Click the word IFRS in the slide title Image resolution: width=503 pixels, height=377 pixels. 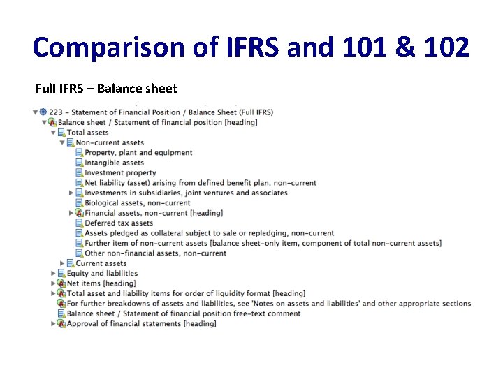tap(251, 48)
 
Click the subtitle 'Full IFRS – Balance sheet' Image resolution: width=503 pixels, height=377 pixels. tap(105, 89)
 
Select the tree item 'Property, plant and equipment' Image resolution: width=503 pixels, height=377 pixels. tap(138, 153)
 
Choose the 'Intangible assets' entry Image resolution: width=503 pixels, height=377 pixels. tap(114, 163)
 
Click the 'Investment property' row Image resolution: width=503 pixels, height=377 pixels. tap(120, 173)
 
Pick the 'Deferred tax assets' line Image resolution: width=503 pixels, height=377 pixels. tap(119, 223)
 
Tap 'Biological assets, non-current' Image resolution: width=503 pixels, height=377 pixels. tap(137, 203)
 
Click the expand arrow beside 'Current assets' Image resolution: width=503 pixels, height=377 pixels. tap(62, 263)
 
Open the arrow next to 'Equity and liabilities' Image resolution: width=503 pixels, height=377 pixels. tap(53, 274)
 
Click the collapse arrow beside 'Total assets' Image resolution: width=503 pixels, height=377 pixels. tap(53, 133)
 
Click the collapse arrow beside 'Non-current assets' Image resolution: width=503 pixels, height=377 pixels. tap(62, 142)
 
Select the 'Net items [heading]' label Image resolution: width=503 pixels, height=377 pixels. tap(101, 283)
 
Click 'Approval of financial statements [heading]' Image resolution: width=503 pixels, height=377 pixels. tap(141, 324)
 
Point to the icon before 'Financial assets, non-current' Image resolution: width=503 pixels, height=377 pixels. tap(79, 213)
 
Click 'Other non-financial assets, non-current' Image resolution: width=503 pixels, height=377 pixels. tap(155, 253)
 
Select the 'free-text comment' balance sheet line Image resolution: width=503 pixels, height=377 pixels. tap(183, 313)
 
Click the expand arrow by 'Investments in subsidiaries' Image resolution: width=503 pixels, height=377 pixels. tap(71, 193)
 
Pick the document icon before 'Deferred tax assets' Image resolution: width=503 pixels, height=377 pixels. tap(79, 223)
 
